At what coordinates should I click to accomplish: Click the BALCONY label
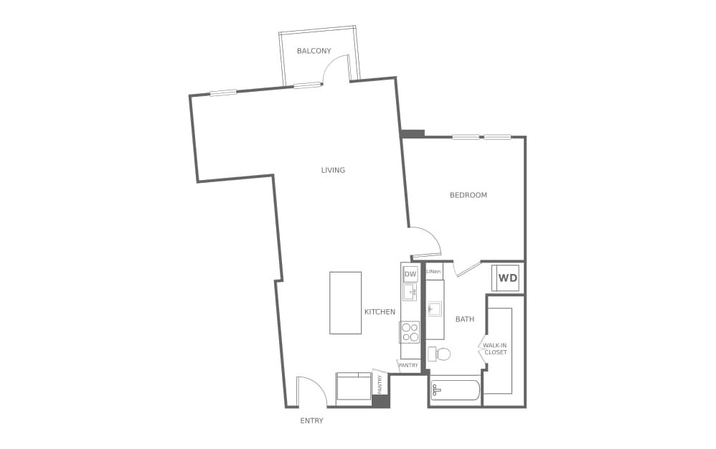coord(314,51)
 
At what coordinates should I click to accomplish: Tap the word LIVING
coord(333,171)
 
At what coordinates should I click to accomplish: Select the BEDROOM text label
coord(468,195)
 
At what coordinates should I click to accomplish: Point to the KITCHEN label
coord(380,312)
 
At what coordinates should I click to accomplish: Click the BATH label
coord(464,319)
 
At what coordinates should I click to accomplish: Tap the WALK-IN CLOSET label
coord(495,349)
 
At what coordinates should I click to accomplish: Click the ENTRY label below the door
coord(311,421)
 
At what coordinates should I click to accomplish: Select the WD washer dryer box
coord(507,278)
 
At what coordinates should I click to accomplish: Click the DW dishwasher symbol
coord(410,275)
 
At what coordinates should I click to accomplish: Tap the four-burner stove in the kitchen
coord(410,332)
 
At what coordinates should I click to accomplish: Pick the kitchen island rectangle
coord(345,303)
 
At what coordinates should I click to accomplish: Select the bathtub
coord(456,391)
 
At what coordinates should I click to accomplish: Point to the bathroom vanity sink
coord(435,309)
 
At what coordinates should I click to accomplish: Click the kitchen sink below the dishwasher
coord(410,292)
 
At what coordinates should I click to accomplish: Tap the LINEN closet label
coord(433,272)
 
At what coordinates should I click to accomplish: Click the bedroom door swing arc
coord(425,240)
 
